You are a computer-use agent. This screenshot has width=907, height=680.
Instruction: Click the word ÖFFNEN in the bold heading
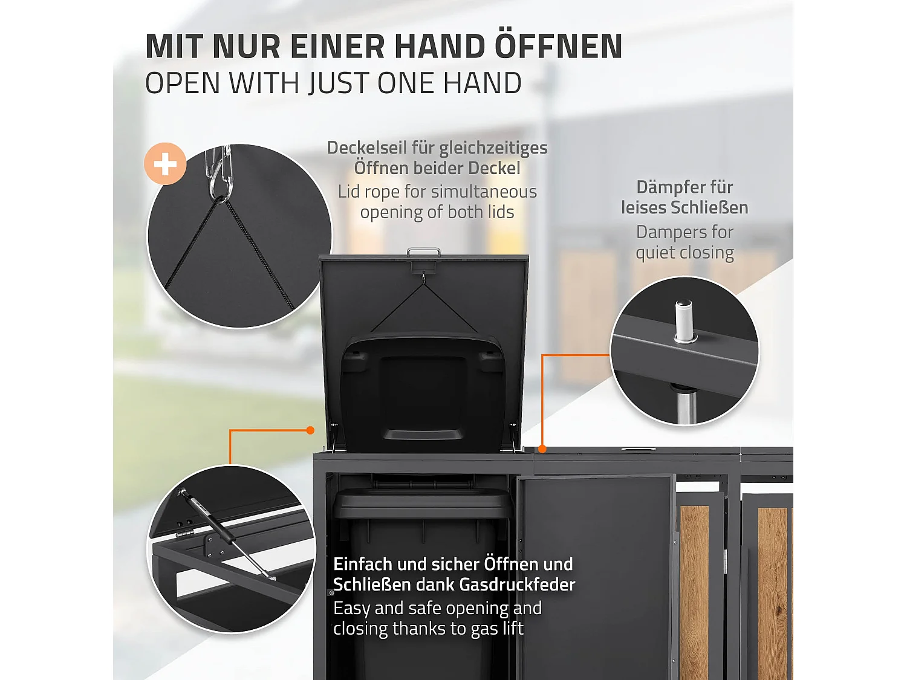(558, 47)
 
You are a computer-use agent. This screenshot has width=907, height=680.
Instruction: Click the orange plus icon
(165, 164)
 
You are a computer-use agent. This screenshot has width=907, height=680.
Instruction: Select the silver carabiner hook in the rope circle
(219, 175)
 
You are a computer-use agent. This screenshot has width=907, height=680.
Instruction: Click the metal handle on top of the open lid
(423, 251)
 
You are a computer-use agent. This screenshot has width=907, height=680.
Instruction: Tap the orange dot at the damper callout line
(542, 448)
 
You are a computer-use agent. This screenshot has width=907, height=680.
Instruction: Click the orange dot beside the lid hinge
(310, 430)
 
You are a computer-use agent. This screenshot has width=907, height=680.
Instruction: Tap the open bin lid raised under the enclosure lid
(423, 387)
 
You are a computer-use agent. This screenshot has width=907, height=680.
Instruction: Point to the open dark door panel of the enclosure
(596, 574)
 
